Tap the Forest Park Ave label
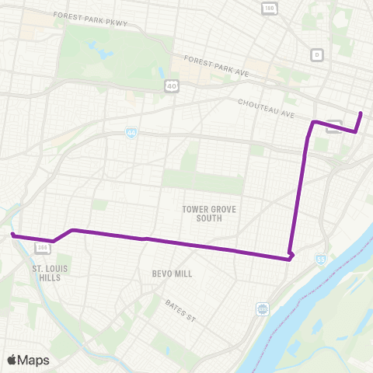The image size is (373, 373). pos(216,67)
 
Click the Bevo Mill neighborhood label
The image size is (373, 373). pos(173,274)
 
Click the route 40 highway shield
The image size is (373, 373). pos(169,85)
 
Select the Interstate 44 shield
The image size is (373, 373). pos(131,133)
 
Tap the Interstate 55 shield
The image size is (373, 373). pos(321,259)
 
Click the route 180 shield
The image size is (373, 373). pos(269,9)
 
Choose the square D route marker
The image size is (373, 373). pos(316,55)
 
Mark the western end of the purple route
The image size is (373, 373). pos(12,234)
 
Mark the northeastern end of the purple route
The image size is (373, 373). pos(361,113)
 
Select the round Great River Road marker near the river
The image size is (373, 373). pos(263,309)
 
